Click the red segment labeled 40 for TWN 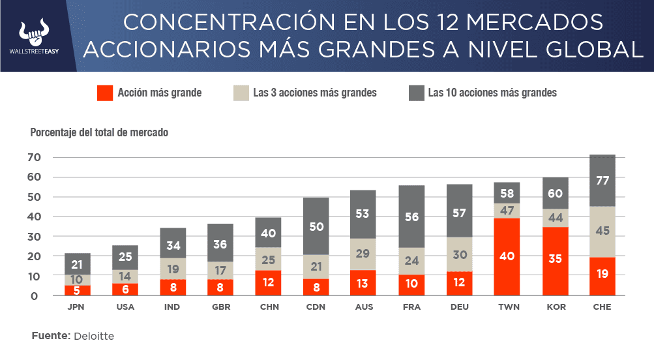click(x=507, y=256)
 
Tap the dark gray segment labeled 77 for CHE click(x=602, y=181)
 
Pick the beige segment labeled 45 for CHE click(x=602, y=232)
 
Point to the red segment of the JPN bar click(x=77, y=290)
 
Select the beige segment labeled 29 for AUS click(x=364, y=254)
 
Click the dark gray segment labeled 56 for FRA click(x=411, y=217)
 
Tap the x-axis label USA click(x=125, y=307)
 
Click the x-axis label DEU click(x=459, y=307)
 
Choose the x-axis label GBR click(x=220, y=307)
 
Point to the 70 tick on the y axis click(x=33, y=157)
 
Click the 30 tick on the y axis click(x=33, y=236)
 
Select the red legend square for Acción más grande click(x=104, y=93)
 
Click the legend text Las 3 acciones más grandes click(x=315, y=93)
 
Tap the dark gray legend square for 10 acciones click(x=416, y=93)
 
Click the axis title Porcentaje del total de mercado click(x=99, y=132)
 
